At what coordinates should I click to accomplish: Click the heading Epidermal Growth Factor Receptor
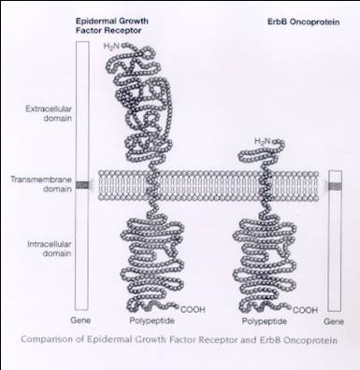pyautogui.click(x=112, y=26)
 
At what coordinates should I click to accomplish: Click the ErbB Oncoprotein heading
pyautogui.click(x=303, y=22)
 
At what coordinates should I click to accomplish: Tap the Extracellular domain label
pyautogui.click(x=49, y=114)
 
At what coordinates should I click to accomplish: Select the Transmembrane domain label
pyautogui.click(x=41, y=184)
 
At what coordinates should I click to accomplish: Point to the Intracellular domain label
pyautogui.click(x=50, y=249)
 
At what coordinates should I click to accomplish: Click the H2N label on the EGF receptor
pyautogui.click(x=111, y=47)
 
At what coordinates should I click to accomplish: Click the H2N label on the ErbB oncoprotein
pyautogui.click(x=263, y=141)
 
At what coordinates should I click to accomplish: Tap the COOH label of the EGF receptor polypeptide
pyautogui.click(x=193, y=309)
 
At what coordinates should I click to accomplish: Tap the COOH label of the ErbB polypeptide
pyautogui.click(x=305, y=310)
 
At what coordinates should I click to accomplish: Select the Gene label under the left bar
pyautogui.click(x=80, y=320)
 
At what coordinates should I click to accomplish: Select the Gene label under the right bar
pyautogui.click(x=334, y=321)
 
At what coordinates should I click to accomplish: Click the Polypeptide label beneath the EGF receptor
pyautogui.click(x=151, y=320)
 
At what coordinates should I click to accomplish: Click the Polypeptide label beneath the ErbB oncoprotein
pyautogui.click(x=265, y=321)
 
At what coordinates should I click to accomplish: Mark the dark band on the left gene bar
pyautogui.click(x=82, y=185)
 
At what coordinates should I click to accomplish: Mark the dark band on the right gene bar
pyautogui.click(x=336, y=186)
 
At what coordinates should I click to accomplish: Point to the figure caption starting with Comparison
pyautogui.click(x=179, y=339)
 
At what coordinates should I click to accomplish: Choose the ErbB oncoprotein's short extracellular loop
pyautogui.click(x=262, y=152)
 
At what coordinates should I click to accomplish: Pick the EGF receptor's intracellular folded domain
pyautogui.click(x=152, y=264)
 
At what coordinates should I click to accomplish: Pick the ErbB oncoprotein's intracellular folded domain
pyautogui.click(x=265, y=265)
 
